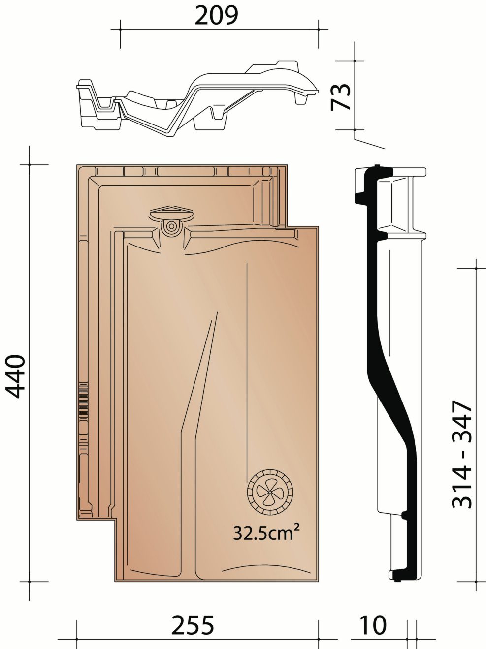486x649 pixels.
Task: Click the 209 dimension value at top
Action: click(x=216, y=16)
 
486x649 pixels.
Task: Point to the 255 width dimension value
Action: click(x=193, y=625)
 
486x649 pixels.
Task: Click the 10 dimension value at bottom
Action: click(x=373, y=625)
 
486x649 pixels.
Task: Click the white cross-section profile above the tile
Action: click(x=197, y=98)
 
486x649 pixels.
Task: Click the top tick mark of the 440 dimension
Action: click(x=30, y=164)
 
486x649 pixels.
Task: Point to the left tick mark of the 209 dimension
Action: click(x=120, y=30)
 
